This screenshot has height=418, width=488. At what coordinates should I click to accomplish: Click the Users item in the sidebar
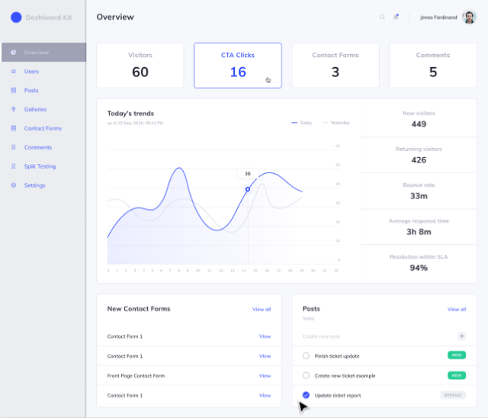(30, 72)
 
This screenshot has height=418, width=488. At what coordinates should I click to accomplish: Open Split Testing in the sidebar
(40, 166)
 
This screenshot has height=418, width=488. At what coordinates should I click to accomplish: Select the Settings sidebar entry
(34, 185)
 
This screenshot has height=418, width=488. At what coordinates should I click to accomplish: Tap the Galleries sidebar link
(35, 109)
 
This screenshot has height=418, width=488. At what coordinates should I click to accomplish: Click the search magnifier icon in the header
(382, 17)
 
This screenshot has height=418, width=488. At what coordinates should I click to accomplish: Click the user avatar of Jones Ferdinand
(469, 17)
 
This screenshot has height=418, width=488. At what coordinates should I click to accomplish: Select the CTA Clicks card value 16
(238, 72)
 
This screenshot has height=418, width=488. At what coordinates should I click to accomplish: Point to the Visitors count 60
(140, 72)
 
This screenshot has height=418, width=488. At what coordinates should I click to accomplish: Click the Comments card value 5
(432, 72)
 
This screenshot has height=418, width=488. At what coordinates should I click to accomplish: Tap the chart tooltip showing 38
(247, 173)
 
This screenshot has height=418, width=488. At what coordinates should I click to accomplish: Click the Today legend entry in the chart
(302, 122)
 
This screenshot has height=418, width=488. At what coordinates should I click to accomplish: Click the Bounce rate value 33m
(419, 196)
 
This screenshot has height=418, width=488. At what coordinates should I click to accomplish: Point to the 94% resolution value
(419, 268)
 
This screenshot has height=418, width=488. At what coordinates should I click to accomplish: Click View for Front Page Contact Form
(265, 375)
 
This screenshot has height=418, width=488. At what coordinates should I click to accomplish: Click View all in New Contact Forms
(262, 309)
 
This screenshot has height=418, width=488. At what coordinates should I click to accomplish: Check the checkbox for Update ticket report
(306, 395)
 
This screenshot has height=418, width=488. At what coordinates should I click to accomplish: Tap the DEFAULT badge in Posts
(452, 395)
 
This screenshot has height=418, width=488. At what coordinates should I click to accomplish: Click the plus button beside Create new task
(461, 336)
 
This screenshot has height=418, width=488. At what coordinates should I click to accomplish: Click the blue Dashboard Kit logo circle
(16, 17)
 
